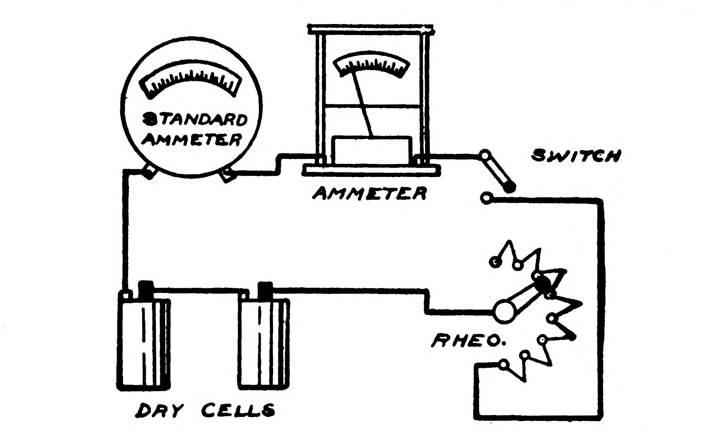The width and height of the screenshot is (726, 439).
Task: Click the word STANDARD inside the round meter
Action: tap(195, 120)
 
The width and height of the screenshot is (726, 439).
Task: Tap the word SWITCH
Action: tap(576, 156)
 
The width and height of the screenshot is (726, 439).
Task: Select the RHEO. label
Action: tap(468, 341)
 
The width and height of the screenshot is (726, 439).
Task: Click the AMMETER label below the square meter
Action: tap(370, 194)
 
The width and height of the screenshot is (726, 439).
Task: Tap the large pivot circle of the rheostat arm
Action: tap(504, 310)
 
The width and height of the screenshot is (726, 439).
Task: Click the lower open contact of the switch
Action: tap(486, 198)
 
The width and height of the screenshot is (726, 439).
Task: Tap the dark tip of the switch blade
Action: tap(509, 187)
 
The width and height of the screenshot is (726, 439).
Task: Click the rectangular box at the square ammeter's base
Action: tap(372, 150)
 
